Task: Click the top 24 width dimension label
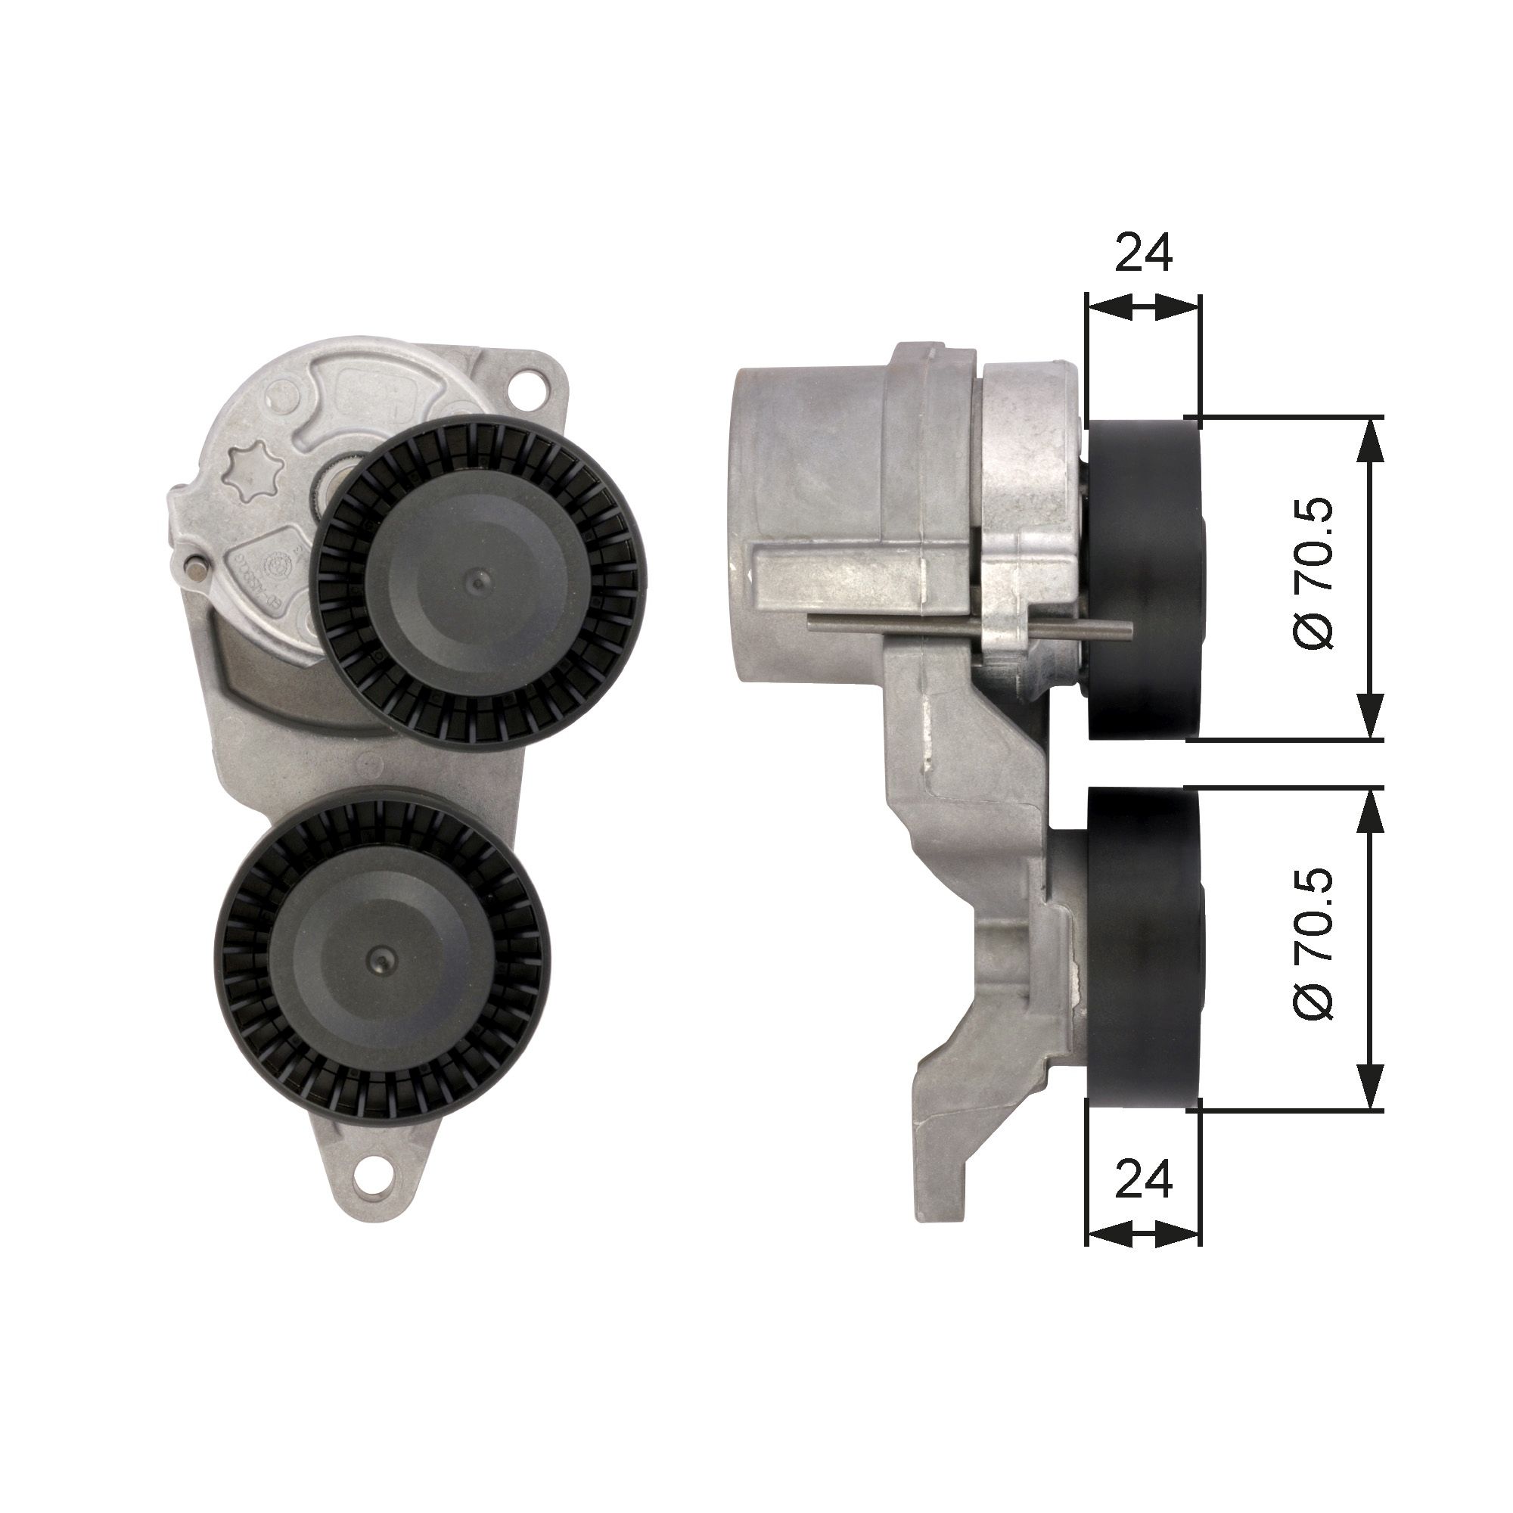(x=1142, y=252)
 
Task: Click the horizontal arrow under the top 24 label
(x=1142, y=307)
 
